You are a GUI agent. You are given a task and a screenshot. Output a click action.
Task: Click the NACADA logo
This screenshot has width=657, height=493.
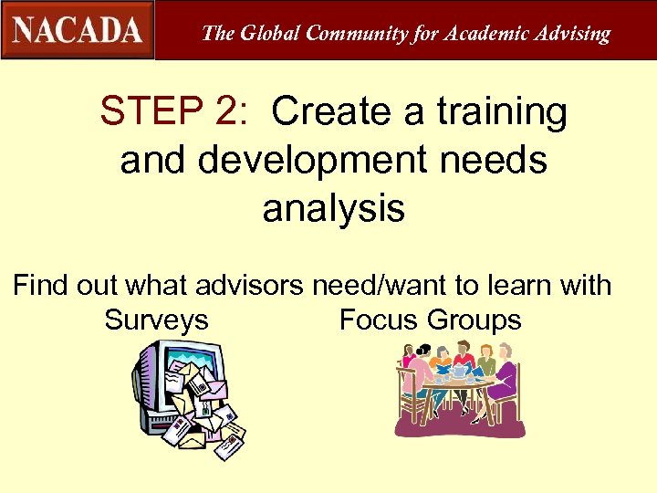point(78,29)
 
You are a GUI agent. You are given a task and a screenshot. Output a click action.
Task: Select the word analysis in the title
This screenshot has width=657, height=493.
point(333,209)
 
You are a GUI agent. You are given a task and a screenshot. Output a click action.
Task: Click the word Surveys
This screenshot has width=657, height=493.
point(156,321)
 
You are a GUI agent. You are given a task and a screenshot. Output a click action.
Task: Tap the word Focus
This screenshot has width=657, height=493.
point(379,320)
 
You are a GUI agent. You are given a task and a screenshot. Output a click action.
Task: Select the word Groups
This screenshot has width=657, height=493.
point(474,320)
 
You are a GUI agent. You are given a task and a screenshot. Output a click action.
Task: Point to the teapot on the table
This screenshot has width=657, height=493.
point(459,371)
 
